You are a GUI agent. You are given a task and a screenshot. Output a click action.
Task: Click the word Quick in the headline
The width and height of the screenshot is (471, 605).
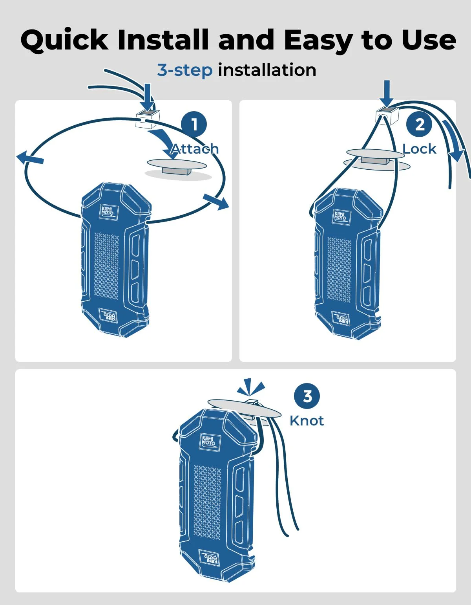[x=64, y=40]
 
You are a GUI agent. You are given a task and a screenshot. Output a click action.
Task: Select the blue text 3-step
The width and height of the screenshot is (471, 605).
[x=185, y=70]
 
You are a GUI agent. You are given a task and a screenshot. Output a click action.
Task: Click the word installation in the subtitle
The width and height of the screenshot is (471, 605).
[x=267, y=70]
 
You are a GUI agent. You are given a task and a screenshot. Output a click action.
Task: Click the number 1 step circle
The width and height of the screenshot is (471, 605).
[x=194, y=124]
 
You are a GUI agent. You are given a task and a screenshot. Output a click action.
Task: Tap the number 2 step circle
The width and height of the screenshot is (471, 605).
[x=419, y=124]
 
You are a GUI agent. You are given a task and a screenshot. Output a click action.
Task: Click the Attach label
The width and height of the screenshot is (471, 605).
[x=195, y=149]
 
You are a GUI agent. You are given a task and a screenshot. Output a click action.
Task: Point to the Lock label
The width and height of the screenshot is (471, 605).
[x=419, y=149]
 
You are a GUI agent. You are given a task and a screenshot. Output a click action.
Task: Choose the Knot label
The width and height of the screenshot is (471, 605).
[x=307, y=421]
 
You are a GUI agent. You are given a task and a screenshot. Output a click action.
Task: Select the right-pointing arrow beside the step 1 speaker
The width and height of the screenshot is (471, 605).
[x=216, y=202]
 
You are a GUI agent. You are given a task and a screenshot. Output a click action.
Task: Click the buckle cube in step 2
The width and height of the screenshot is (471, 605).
[x=387, y=115]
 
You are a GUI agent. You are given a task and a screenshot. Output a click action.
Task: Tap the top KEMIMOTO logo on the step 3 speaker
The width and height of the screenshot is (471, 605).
[x=208, y=441]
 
